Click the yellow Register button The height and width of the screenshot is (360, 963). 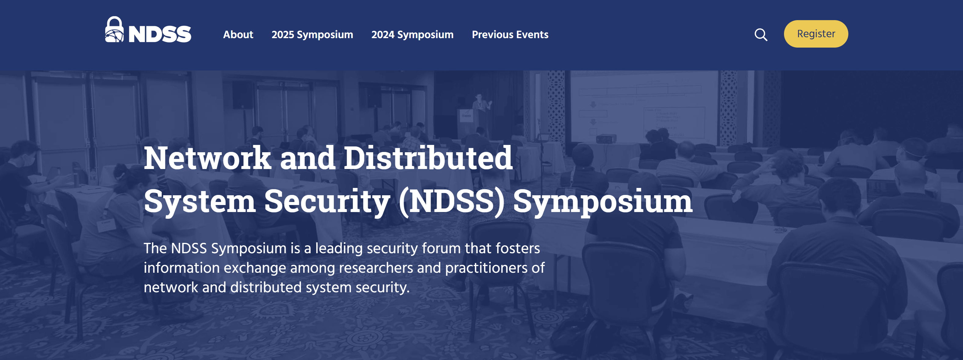click(816, 34)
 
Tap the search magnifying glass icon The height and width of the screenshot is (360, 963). click(761, 35)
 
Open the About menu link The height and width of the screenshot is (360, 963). click(238, 34)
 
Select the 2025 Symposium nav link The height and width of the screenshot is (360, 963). click(312, 35)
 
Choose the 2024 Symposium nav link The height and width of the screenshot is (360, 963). click(412, 35)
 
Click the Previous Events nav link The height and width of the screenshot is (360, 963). click(510, 34)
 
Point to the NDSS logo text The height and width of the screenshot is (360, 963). click(159, 34)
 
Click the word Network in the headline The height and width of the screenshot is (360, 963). click(207, 158)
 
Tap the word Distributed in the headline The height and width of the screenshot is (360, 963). click(428, 158)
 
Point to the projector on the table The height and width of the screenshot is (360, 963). click(606, 139)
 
